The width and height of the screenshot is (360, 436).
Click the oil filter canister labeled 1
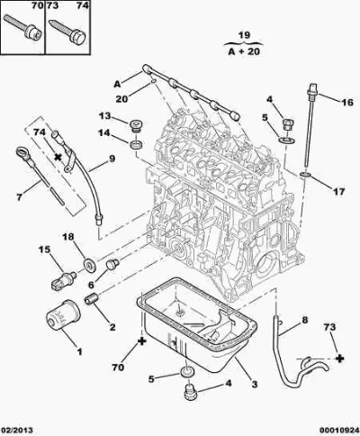tap(63, 314)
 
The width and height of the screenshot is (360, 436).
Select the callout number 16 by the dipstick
tap(347, 103)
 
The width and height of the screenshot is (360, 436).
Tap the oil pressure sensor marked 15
tap(63, 279)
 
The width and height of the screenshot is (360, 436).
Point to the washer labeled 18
tap(89, 265)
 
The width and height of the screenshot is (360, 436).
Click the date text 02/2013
tap(17, 430)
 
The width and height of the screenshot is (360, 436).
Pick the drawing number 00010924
tap(338, 430)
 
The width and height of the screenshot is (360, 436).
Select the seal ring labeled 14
tap(136, 144)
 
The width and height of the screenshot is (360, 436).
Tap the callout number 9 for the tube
tap(112, 159)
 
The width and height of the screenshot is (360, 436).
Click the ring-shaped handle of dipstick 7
tap(23, 150)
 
